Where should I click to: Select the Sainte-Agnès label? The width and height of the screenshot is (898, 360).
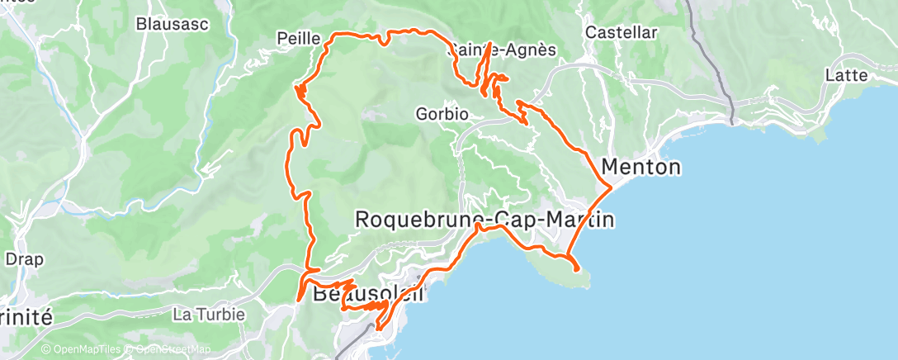click(x=502, y=50)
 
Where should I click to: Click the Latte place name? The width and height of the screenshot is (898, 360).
click(x=846, y=75)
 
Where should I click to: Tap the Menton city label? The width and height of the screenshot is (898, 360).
click(x=641, y=168)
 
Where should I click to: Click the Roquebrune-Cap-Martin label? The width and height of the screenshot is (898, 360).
click(x=484, y=220)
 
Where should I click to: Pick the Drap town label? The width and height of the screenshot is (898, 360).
click(x=24, y=258)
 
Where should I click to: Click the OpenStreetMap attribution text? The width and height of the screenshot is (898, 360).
click(x=169, y=350)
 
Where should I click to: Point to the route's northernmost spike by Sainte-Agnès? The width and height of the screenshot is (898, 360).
click(x=490, y=42)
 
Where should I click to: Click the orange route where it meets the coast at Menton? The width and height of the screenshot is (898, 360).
click(x=610, y=188)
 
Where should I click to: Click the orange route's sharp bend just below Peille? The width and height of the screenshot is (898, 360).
click(x=298, y=88)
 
